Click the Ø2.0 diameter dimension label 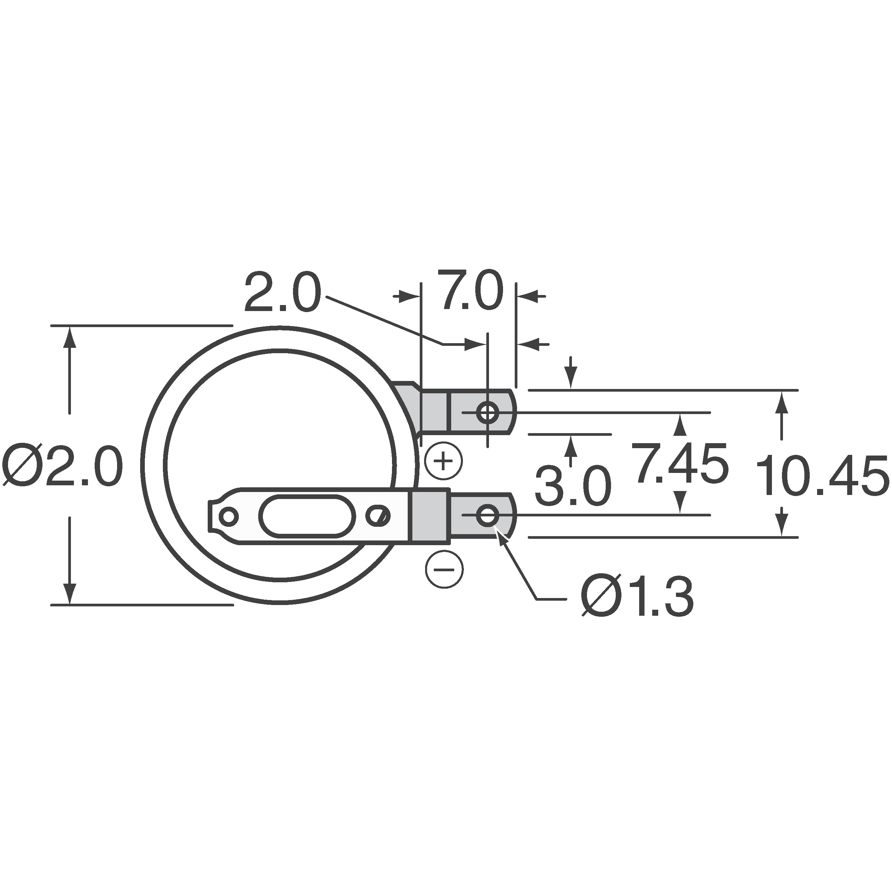62,466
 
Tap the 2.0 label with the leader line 282,293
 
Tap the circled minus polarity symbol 444,569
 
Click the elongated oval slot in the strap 307,516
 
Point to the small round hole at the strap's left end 228,516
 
